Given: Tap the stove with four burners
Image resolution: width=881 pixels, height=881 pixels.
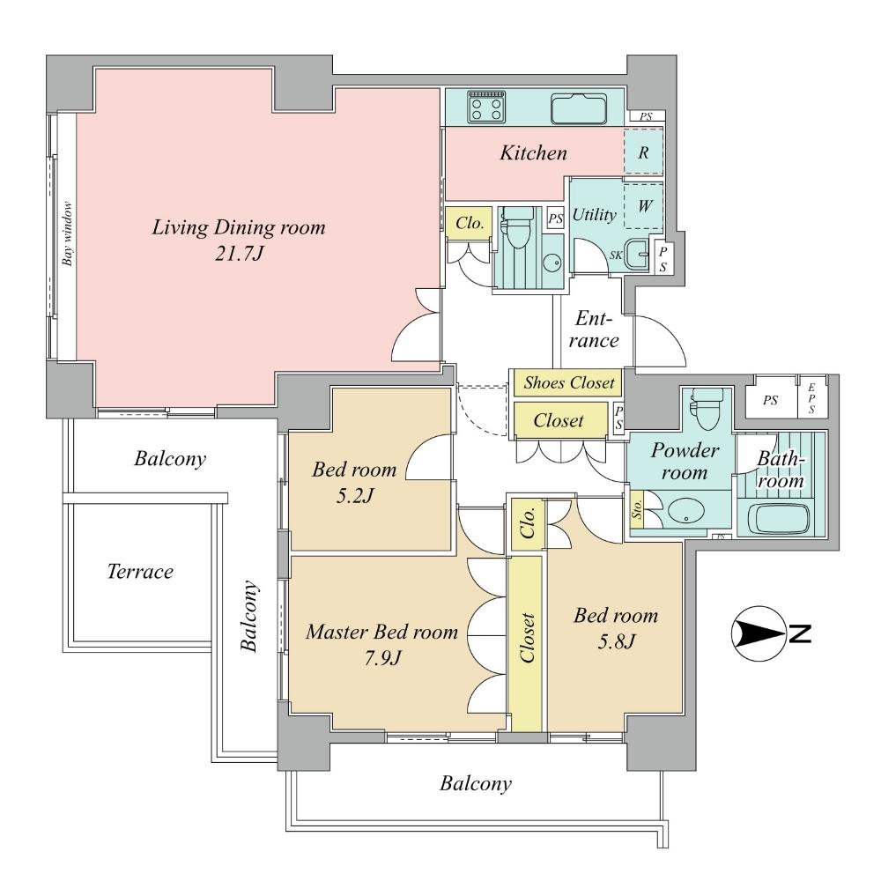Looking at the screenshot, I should click(485, 107).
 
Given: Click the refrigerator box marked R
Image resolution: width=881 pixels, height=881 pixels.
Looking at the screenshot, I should click(643, 152).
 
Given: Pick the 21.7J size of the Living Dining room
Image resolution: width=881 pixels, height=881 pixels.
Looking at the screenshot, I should click(238, 254).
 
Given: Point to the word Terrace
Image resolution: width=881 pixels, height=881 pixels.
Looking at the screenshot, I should click(140, 572).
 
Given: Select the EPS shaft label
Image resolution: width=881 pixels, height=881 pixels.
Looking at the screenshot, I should click(811, 399).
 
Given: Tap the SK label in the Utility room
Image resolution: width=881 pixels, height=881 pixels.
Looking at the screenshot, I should click(616, 255).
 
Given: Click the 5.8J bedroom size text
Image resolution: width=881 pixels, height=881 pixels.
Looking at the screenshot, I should click(614, 641).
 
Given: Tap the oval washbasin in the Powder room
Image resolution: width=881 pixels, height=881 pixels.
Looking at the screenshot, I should click(684, 512).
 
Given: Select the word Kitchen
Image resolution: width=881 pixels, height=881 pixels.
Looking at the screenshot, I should click(533, 153).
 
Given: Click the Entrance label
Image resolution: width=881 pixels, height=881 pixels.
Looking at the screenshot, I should click(596, 329).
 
